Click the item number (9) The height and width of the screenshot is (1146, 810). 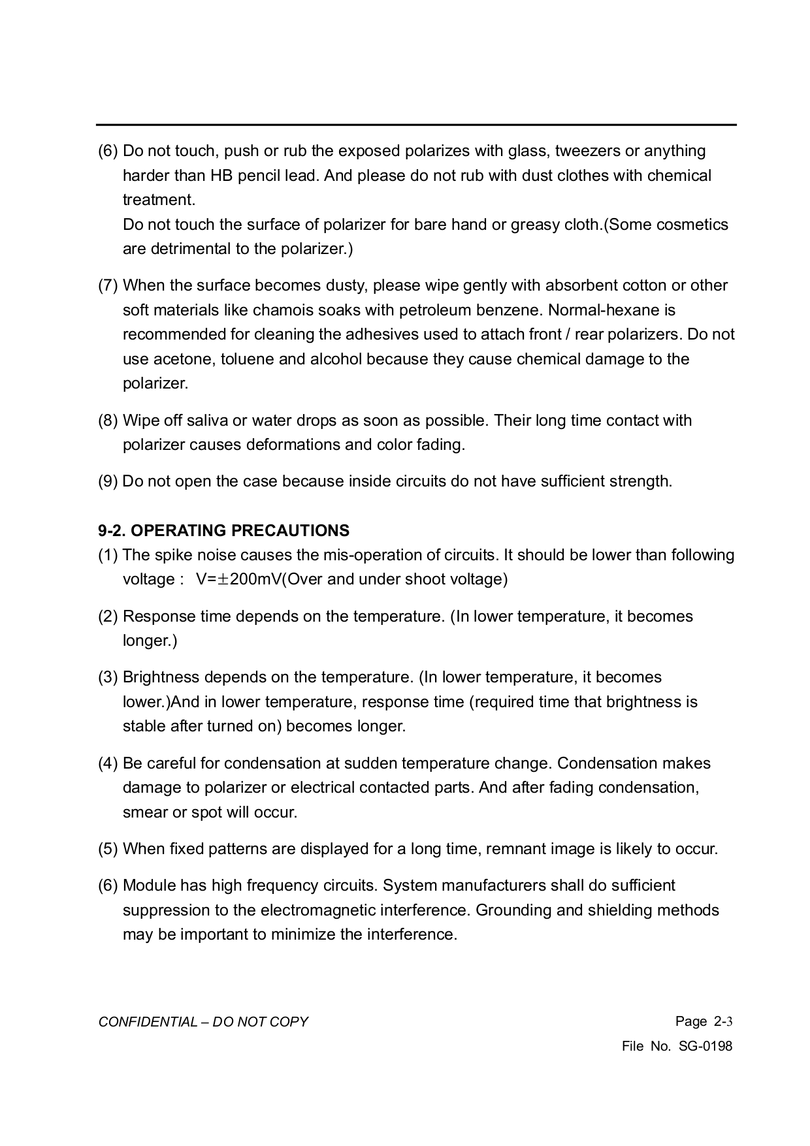pos(108,482)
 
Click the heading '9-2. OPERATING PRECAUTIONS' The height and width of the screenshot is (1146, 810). pos(223,531)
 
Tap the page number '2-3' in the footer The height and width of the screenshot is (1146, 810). pos(723,1022)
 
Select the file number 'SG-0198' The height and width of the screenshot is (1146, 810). pos(705,1047)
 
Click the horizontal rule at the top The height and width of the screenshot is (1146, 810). pos(416,125)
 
